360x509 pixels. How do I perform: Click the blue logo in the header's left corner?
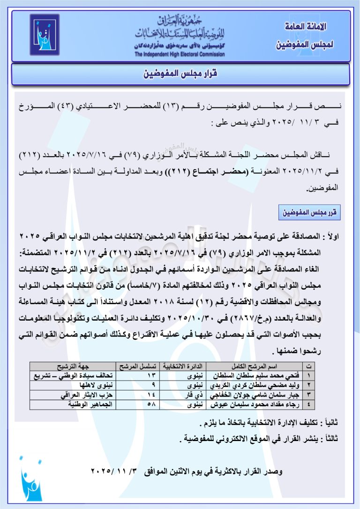[45, 35]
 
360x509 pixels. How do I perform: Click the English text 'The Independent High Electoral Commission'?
[179, 54]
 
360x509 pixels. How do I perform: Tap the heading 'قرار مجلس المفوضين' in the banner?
[180, 74]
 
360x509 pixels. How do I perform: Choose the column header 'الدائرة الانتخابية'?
[183, 366]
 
